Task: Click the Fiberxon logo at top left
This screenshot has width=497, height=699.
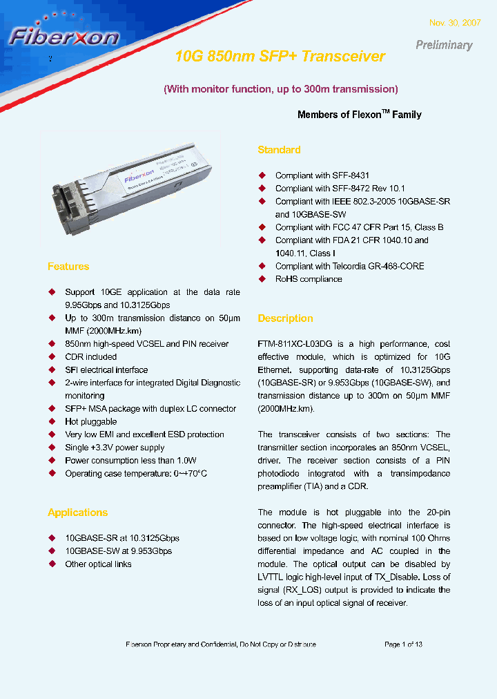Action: (64, 35)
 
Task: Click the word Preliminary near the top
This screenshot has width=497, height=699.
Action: (444, 45)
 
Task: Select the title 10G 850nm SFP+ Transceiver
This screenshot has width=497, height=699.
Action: (280, 57)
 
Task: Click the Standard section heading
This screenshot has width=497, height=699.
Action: (279, 150)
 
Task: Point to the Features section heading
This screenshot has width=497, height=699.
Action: (68, 267)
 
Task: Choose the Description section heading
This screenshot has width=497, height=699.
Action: (285, 318)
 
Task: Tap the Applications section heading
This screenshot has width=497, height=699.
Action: (77, 513)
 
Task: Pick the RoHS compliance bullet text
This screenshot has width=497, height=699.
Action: (309, 279)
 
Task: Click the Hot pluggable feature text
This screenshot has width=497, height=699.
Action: (91, 421)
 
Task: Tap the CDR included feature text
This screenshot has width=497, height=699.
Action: (91, 357)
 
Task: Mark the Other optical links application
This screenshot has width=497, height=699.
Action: (98, 564)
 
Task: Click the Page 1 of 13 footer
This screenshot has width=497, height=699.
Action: (403, 644)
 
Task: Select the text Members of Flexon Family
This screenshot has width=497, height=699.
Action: (359, 115)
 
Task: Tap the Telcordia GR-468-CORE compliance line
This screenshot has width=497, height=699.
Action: (349, 266)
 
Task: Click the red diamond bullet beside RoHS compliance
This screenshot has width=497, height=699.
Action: (262, 279)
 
